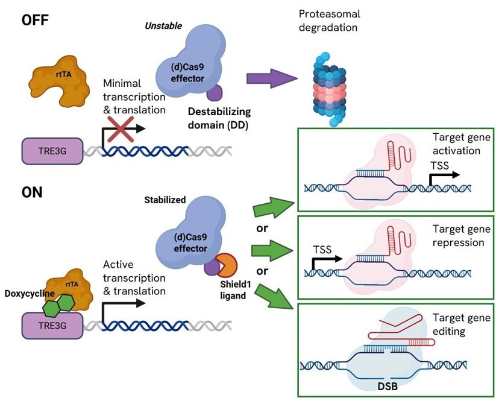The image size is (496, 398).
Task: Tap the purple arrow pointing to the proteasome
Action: click(271, 78)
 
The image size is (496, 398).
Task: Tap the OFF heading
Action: click(36, 20)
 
